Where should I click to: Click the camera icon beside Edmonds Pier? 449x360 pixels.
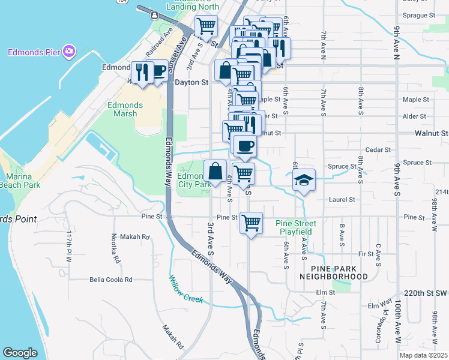click(x=70, y=52)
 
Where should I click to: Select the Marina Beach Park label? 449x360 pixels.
click(x=19, y=181)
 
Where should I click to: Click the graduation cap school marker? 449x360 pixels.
click(x=304, y=179)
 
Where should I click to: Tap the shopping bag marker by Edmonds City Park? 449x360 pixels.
click(x=215, y=171)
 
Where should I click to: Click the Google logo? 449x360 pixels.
click(x=20, y=353)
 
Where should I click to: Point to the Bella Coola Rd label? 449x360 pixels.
click(x=110, y=280)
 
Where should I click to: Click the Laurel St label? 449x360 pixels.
click(x=343, y=199)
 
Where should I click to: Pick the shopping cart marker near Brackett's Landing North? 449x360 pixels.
click(x=206, y=26)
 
